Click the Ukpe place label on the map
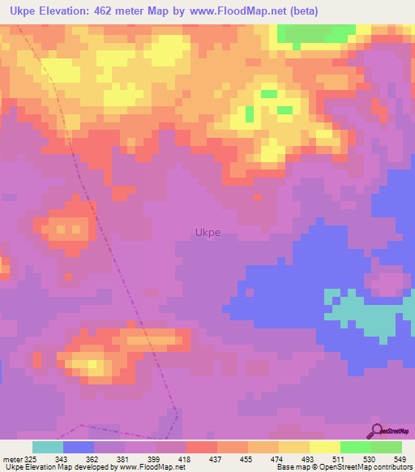(207, 233)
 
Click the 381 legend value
(123, 458)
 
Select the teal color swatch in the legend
(48, 447)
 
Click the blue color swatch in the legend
(79, 447)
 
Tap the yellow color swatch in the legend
(324, 447)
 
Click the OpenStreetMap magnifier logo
(377, 430)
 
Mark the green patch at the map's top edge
(316, 33)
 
